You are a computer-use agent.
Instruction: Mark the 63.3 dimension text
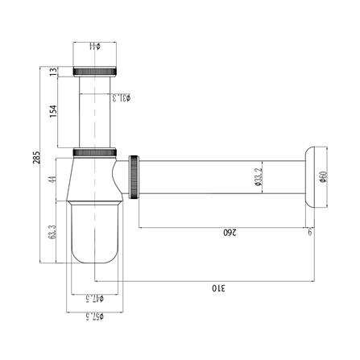click(52, 234)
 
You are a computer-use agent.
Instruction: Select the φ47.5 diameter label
click(97, 297)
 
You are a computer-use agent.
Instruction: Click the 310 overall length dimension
click(217, 286)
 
